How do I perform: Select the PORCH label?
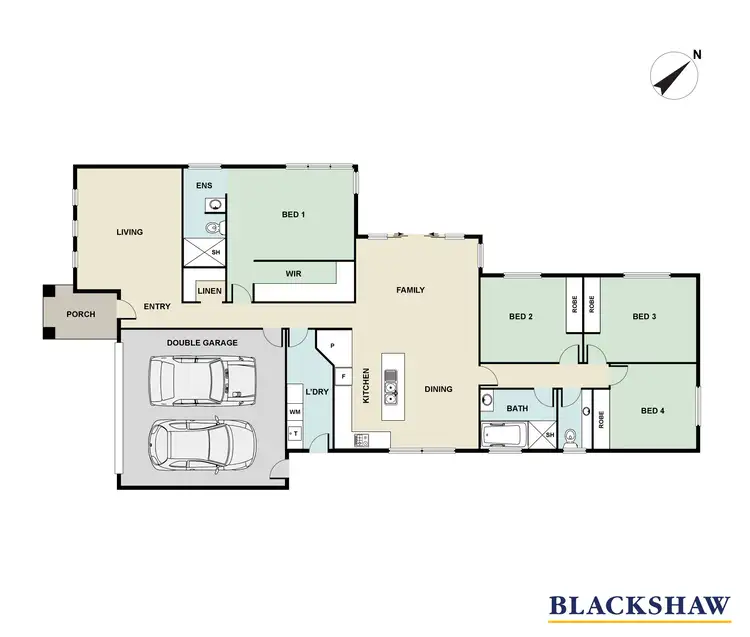click(x=80, y=314)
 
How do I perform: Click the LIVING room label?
click(x=130, y=232)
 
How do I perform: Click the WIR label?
click(x=294, y=273)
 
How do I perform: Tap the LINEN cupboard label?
click(x=210, y=291)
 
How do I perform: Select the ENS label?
click(x=204, y=186)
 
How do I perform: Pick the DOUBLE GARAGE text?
click(x=202, y=343)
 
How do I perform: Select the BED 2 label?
click(x=521, y=317)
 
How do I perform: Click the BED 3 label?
click(x=645, y=317)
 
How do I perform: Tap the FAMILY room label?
click(x=410, y=290)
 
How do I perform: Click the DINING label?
click(x=439, y=389)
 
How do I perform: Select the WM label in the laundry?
click(x=295, y=412)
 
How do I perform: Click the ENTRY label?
click(x=156, y=307)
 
